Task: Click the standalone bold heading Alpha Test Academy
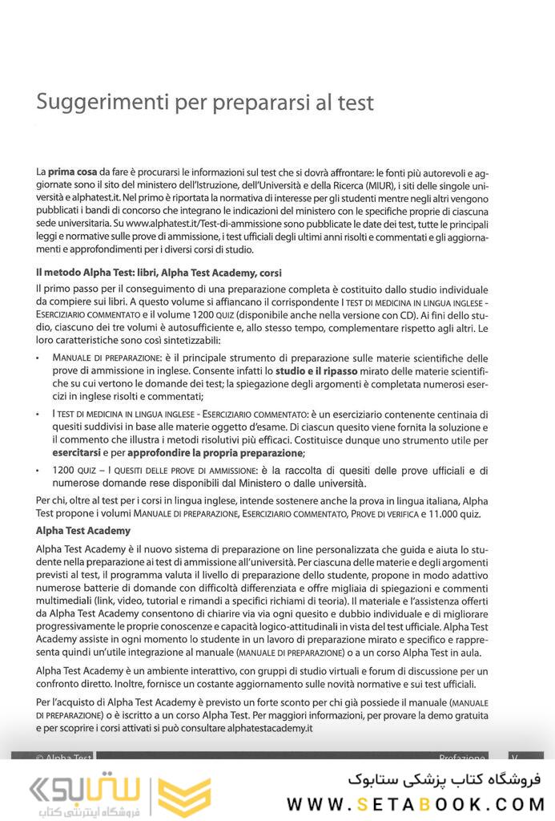click(x=83, y=531)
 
